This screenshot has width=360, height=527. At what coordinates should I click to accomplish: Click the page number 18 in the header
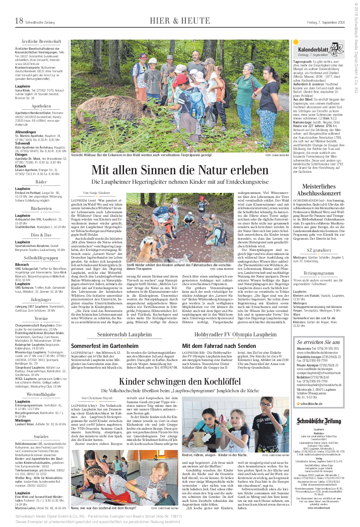tap(19, 21)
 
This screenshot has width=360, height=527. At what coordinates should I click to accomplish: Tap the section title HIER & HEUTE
tap(180, 21)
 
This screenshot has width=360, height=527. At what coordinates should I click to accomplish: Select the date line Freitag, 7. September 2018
tap(326, 23)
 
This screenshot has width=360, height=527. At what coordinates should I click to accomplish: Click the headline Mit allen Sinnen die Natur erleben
tap(180, 170)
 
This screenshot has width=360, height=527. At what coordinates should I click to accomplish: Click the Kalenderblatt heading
tap(313, 49)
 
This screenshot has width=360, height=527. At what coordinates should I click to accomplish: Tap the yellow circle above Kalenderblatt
tap(296, 42)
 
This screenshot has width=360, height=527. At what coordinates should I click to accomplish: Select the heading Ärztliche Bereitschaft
tap(41, 41)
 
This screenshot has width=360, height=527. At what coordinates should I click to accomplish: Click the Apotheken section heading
tap(41, 106)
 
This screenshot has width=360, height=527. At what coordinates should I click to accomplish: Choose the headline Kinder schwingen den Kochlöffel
tap(180, 381)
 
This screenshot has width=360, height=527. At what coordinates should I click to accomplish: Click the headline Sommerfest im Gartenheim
tap(105, 346)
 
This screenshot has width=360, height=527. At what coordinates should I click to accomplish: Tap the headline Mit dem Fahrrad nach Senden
tap(219, 346)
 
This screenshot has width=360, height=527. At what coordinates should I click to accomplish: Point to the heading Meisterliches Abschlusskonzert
tap(319, 190)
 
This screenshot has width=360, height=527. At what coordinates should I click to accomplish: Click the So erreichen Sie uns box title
tap(318, 342)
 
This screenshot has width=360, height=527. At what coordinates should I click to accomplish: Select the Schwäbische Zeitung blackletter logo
tap(319, 421)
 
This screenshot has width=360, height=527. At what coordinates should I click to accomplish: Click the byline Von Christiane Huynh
tap(97, 398)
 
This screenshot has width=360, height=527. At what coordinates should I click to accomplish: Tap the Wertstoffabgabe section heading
tap(41, 394)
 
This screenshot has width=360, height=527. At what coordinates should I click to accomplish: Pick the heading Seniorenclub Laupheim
tap(124, 335)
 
